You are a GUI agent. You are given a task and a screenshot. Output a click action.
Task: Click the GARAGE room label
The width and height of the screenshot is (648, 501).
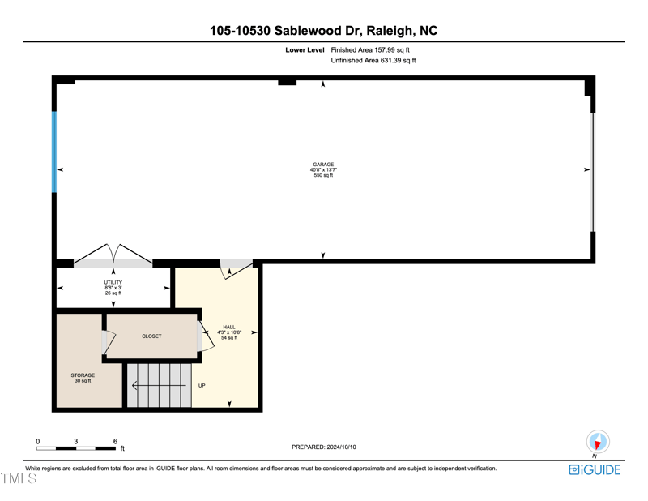[x=323, y=165]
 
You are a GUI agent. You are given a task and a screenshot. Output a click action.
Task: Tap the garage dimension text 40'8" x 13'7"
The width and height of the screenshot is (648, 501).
[x=323, y=170]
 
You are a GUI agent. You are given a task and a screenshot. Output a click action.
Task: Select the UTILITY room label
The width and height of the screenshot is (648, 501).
[x=113, y=282]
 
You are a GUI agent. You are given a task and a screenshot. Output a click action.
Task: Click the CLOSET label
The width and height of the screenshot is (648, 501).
[x=151, y=336]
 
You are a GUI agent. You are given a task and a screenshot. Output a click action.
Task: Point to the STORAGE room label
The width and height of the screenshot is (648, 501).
[x=83, y=375]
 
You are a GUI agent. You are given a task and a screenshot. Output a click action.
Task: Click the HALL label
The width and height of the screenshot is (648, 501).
[x=229, y=327]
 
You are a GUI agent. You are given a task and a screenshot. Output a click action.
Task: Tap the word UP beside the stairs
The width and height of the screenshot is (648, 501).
[x=202, y=386]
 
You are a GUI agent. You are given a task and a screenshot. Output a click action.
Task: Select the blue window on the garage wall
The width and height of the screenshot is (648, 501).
[x=54, y=152]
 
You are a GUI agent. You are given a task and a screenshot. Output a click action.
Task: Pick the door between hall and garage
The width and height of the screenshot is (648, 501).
[x=236, y=268]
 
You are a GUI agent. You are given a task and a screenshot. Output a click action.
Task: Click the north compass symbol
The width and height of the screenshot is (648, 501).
[x=598, y=443]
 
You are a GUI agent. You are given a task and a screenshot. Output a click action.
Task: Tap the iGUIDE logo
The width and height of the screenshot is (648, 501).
[x=595, y=470]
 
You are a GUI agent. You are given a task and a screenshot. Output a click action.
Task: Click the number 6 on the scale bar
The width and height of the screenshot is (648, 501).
[x=115, y=441]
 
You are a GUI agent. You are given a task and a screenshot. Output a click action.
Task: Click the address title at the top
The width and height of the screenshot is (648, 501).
[x=323, y=31]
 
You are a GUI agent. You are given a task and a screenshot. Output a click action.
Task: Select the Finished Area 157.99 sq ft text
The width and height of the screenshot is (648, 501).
[x=370, y=49]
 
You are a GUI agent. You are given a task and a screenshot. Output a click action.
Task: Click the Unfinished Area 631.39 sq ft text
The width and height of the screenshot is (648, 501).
[x=373, y=61]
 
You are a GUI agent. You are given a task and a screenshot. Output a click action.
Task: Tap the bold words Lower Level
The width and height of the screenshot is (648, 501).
[x=305, y=49]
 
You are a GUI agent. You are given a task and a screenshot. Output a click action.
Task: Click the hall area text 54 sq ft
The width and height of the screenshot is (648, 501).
[x=229, y=338]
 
